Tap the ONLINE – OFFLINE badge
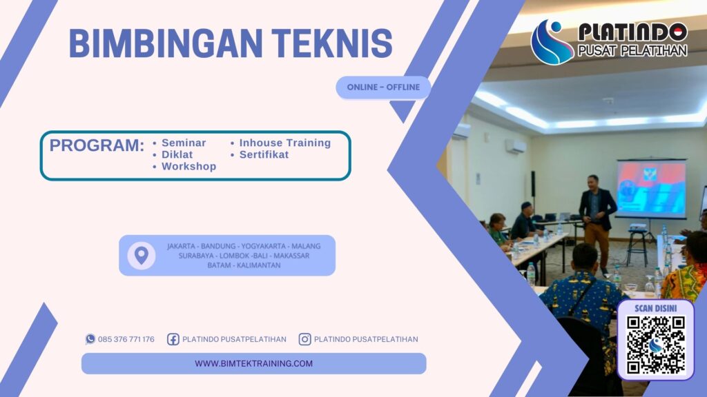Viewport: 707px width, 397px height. [383, 88]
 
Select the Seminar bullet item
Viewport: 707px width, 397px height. [183, 143]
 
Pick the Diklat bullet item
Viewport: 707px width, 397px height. [177, 154]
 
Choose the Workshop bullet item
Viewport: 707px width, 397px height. [188, 166]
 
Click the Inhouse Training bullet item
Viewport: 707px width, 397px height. [284, 143]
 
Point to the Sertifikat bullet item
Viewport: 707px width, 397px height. [264, 154]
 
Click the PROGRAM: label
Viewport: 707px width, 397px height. [97, 145]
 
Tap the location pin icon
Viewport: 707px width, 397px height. [141, 256]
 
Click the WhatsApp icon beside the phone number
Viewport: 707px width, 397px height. [90, 339]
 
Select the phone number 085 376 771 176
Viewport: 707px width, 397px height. [126, 339]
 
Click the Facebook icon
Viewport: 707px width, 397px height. [173, 339]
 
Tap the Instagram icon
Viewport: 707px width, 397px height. [304, 339]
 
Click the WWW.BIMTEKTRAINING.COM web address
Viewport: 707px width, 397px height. [253, 363]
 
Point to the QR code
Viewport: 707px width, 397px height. [655, 345]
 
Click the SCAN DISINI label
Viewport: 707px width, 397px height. [655, 308]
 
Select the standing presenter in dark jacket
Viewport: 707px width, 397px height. [597, 217]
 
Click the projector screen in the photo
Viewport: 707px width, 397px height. [651, 188]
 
